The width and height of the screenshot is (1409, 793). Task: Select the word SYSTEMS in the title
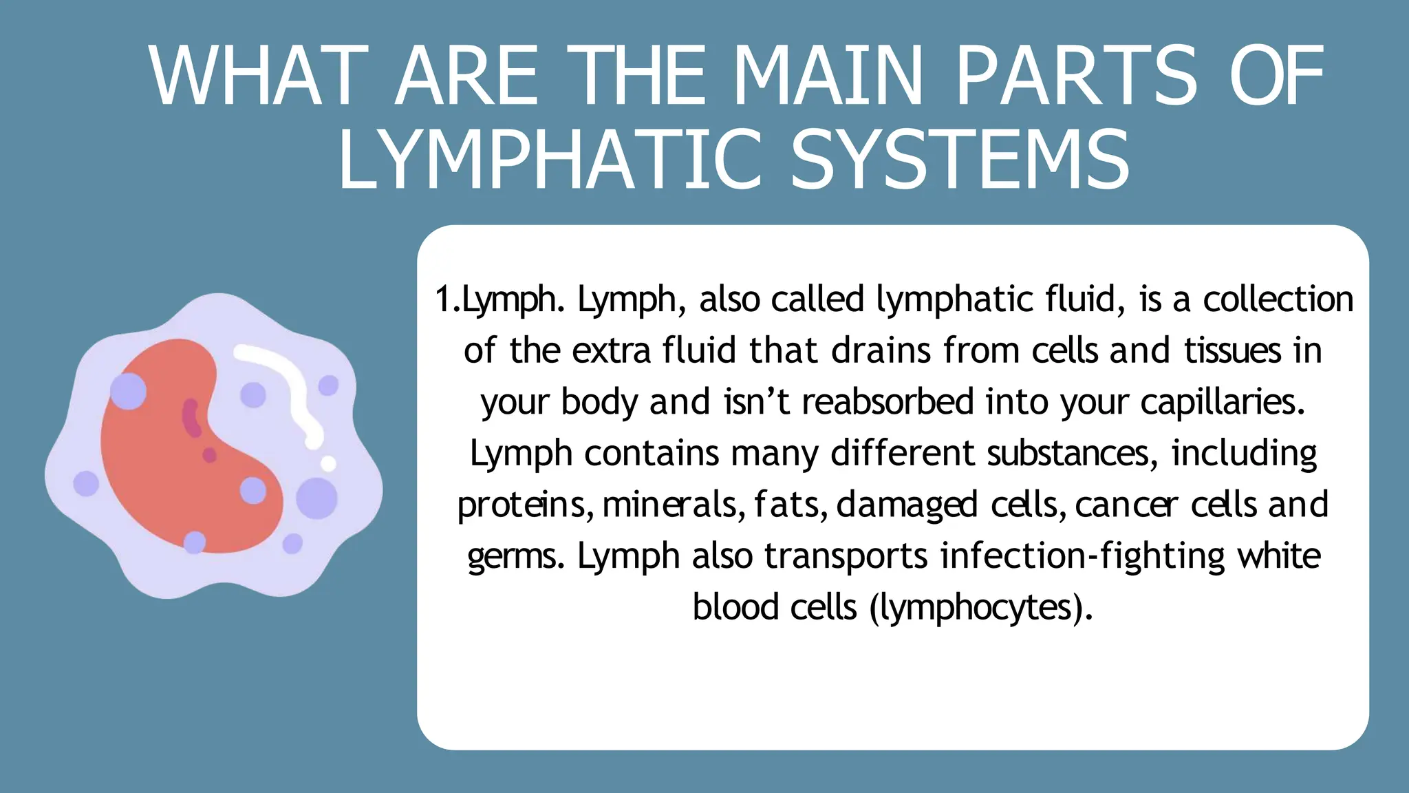[x=960, y=160]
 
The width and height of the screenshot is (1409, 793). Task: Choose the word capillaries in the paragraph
[x=1222, y=402]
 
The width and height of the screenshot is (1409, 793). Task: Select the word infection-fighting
[x=1083, y=556]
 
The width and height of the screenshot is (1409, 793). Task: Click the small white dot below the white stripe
[x=329, y=463]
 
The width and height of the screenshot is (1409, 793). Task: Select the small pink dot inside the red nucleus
[x=209, y=455]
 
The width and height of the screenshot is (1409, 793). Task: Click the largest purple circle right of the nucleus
[x=316, y=498]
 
